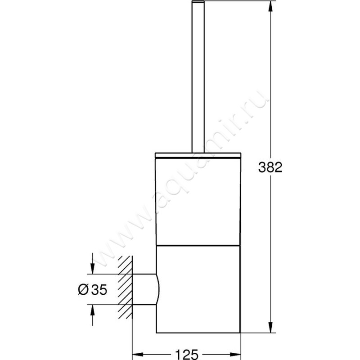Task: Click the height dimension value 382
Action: [270, 167]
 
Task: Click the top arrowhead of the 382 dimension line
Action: [270, 5]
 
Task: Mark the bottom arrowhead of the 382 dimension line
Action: [270, 329]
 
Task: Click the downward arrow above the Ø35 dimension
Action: [92, 269]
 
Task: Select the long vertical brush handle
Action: [198, 81]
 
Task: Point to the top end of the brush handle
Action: [198, 3]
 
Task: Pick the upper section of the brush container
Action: [198, 200]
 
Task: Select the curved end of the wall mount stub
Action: [157, 289]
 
